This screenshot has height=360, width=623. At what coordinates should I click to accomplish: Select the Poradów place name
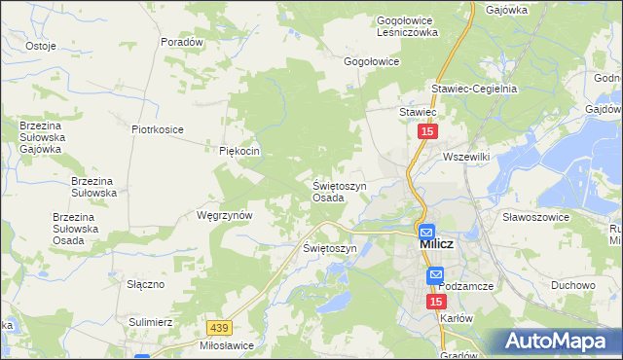(x=182, y=43)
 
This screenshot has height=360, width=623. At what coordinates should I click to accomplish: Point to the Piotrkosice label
(x=158, y=128)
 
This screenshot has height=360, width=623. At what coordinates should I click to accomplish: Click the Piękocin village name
(x=239, y=151)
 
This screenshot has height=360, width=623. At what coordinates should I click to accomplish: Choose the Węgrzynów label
(x=225, y=215)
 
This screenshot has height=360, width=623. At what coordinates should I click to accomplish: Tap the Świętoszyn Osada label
(x=339, y=191)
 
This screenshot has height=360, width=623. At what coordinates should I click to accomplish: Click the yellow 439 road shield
(x=219, y=330)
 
